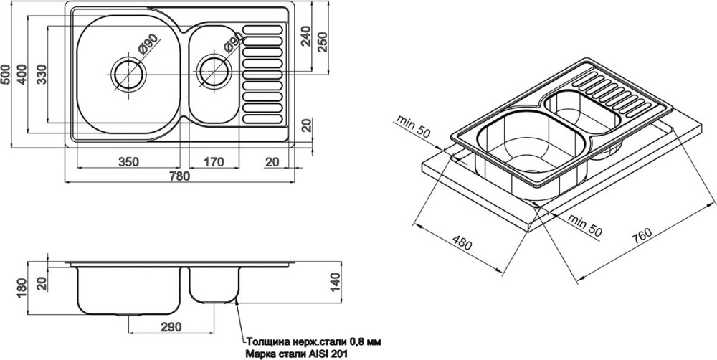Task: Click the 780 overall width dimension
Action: click(179, 176)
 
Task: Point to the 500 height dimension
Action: click(6, 74)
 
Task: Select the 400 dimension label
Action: click(22, 74)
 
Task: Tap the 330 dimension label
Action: click(42, 74)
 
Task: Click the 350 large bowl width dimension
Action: click(128, 161)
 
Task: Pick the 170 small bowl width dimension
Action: click(213, 161)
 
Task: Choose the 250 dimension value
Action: click(323, 42)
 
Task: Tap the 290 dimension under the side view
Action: click(171, 326)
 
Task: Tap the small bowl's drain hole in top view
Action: click(214, 72)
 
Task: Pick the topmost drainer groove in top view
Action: click(262, 29)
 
